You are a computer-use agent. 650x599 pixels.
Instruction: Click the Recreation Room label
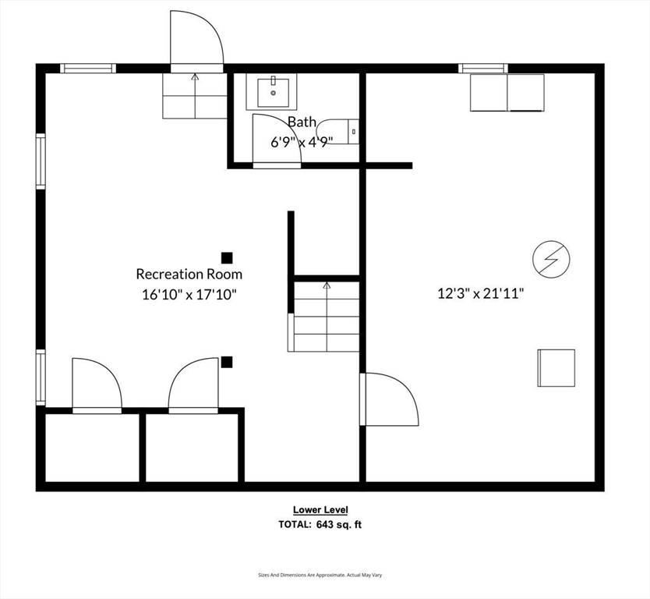pyautogui.click(x=189, y=274)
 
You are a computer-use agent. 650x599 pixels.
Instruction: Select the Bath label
pyautogui.click(x=302, y=122)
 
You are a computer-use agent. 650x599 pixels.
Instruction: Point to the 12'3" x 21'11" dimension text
pyautogui.click(x=480, y=293)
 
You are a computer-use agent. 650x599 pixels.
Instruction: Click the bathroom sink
pyautogui.click(x=274, y=92)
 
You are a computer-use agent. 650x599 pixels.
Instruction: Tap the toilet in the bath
pyautogui.click(x=340, y=131)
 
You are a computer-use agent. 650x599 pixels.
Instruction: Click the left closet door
pyautogui.click(x=96, y=384)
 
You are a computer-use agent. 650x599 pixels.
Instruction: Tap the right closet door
pyautogui.click(x=194, y=384)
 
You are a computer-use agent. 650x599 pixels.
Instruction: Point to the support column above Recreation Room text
pyautogui.click(x=227, y=257)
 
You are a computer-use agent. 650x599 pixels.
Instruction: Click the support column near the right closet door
pyautogui.click(x=227, y=361)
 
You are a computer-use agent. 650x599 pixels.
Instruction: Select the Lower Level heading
pyautogui.click(x=320, y=510)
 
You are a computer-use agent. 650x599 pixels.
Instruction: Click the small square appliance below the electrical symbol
pyautogui.click(x=556, y=367)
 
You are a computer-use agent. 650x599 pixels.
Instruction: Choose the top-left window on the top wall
pyautogui.click(x=88, y=69)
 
